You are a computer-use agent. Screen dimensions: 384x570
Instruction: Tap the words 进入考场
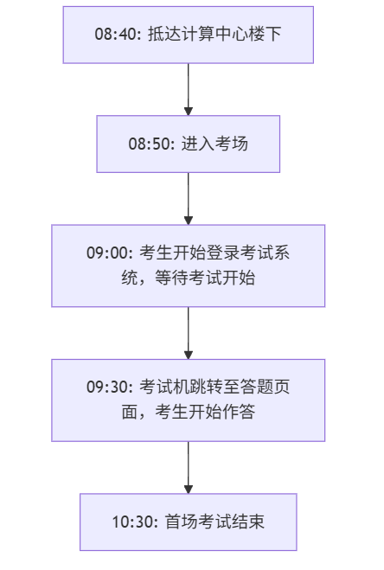click(214, 144)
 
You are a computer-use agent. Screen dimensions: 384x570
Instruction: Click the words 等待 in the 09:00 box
click(171, 279)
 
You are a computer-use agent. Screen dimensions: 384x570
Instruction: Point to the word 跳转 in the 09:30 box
click(206, 387)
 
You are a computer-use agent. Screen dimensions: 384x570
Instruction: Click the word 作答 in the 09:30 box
click(239, 413)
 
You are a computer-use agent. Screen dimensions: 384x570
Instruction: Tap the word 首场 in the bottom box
click(182, 522)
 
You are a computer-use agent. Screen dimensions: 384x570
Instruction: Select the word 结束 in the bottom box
click(248, 522)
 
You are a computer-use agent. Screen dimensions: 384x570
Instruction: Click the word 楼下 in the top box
click(266, 35)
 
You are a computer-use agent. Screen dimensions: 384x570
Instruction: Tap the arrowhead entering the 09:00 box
click(189, 221)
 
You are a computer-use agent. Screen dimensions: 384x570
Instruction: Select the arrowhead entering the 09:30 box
click(189, 355)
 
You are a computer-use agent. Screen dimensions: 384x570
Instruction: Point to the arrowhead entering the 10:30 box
click(189, 490)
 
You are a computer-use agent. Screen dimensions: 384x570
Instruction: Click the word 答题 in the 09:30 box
click(256, 387)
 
